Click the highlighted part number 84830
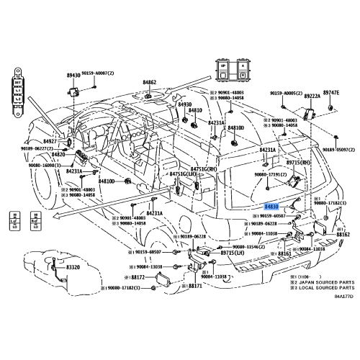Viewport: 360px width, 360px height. [272, 206]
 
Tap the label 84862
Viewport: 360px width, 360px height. [149, 82]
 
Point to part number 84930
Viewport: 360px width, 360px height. [185, 104]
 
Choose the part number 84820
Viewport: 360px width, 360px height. [58, 154]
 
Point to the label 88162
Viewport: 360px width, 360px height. [343, 235]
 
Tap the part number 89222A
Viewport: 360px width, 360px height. [312, 94]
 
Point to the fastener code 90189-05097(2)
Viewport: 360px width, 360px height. [338, 149]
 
